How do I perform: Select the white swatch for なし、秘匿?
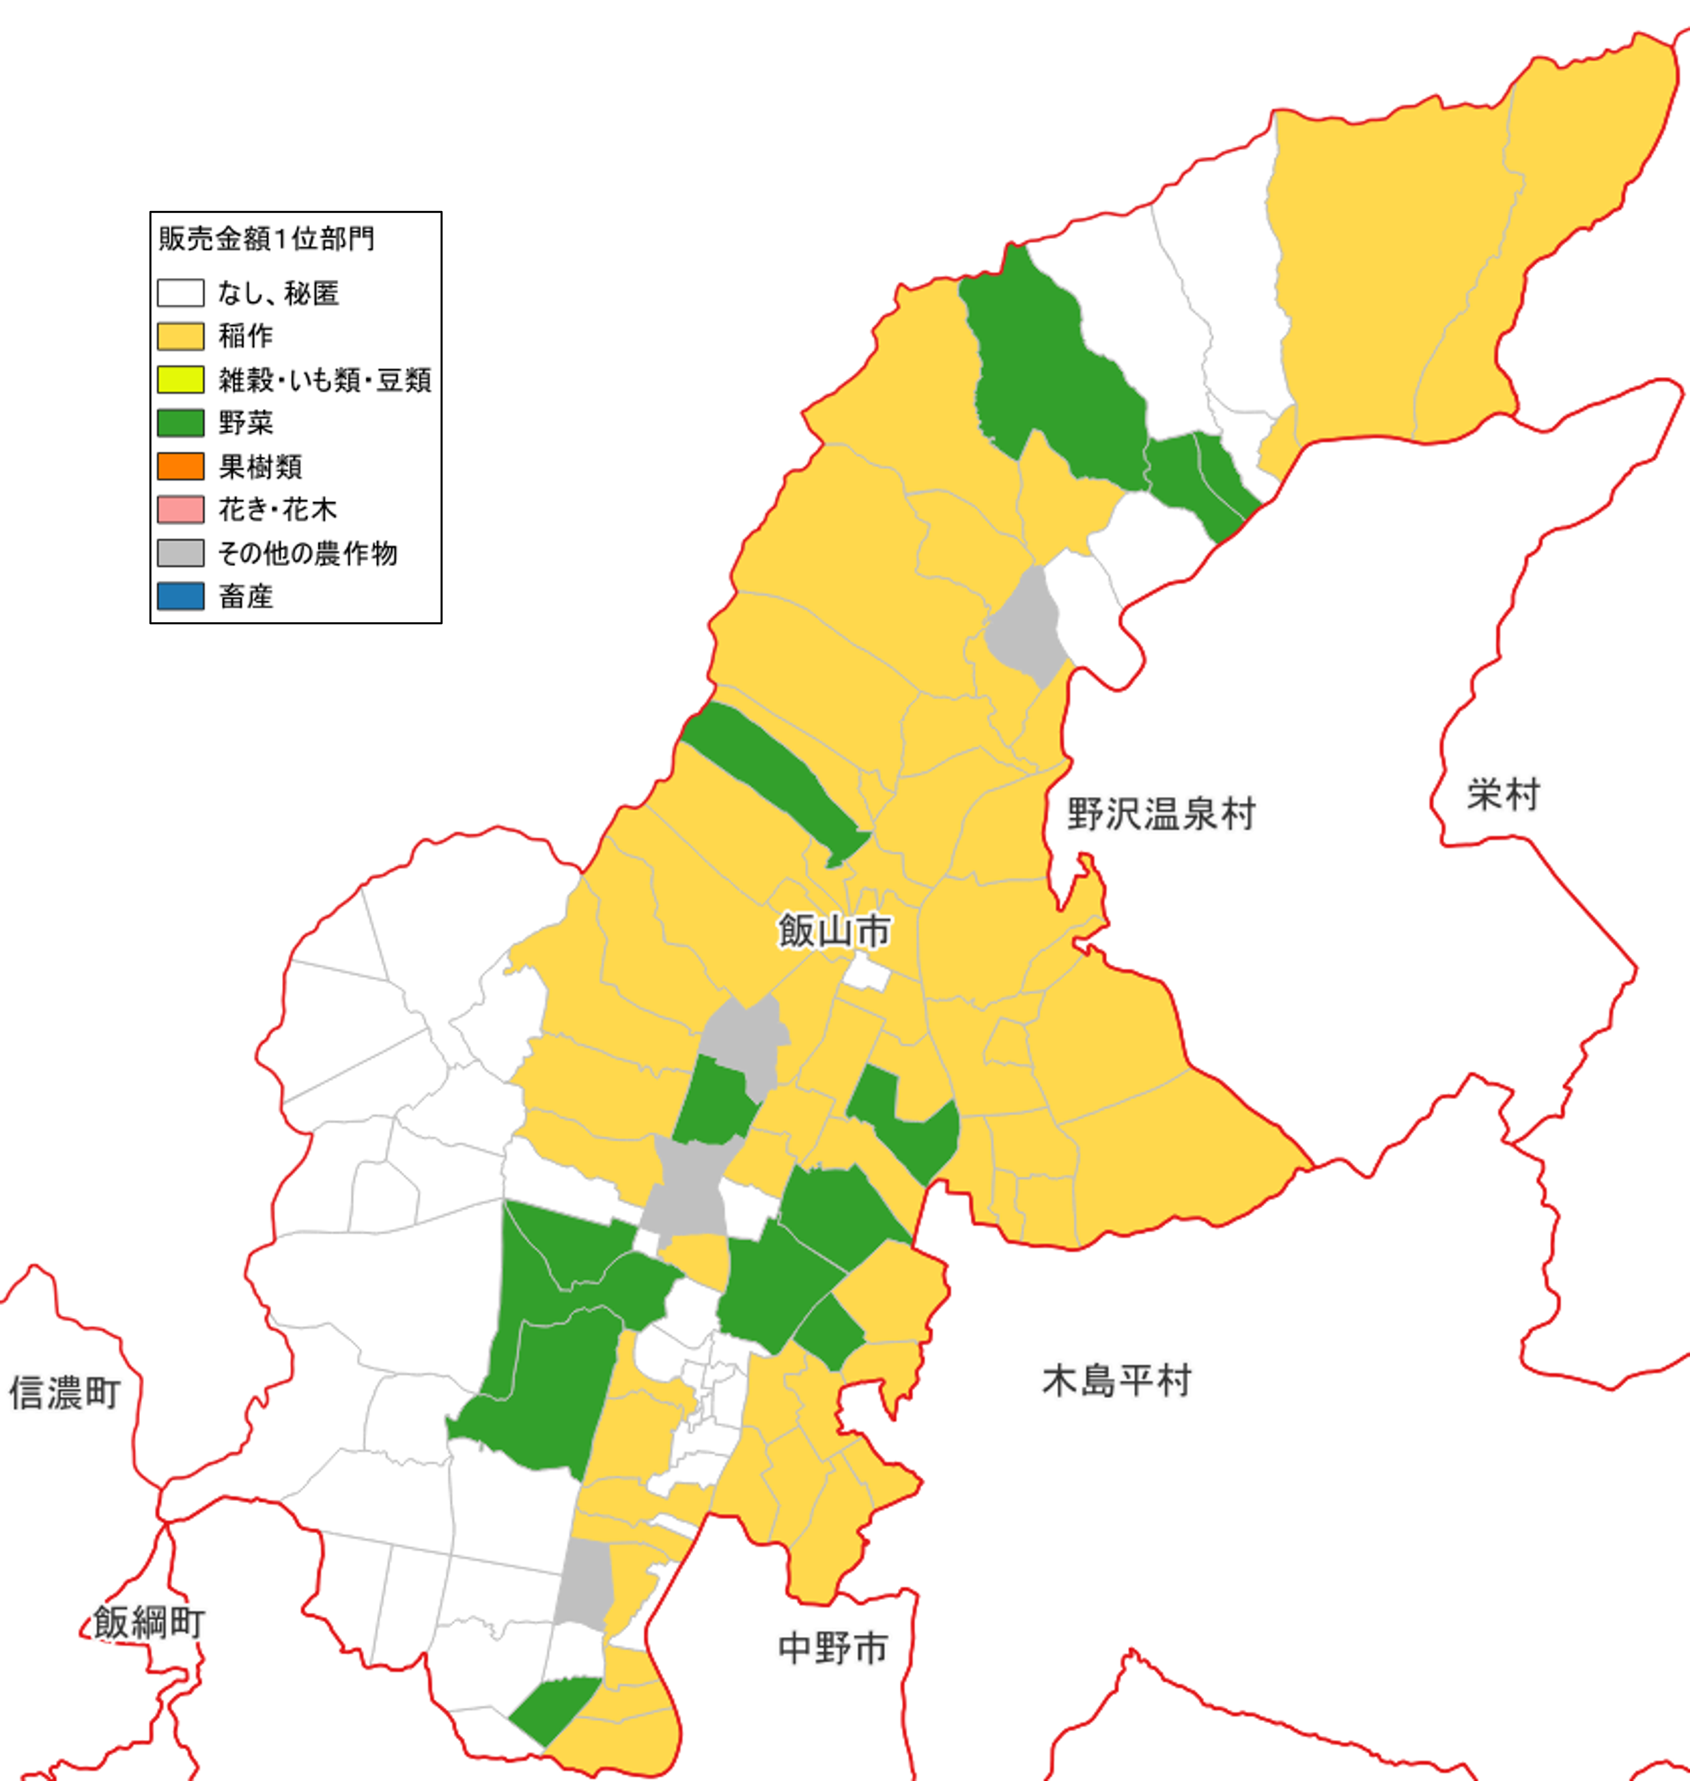180,293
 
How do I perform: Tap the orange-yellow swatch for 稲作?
180,336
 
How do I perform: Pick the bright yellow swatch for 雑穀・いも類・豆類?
180,379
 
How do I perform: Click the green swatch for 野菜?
180,423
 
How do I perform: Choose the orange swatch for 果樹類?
180,466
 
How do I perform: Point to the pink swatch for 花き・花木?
180,509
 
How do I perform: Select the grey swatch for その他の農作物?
180,552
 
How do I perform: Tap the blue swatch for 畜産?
180,595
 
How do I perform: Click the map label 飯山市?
834,931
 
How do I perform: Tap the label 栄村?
1504,795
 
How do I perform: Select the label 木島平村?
1117,1380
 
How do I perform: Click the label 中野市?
833,1648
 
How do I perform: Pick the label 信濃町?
65,1392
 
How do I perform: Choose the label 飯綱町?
150,1623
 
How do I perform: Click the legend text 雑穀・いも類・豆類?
324,379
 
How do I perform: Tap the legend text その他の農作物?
307,552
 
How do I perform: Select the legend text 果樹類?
260,466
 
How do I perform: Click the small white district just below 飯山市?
867,973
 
